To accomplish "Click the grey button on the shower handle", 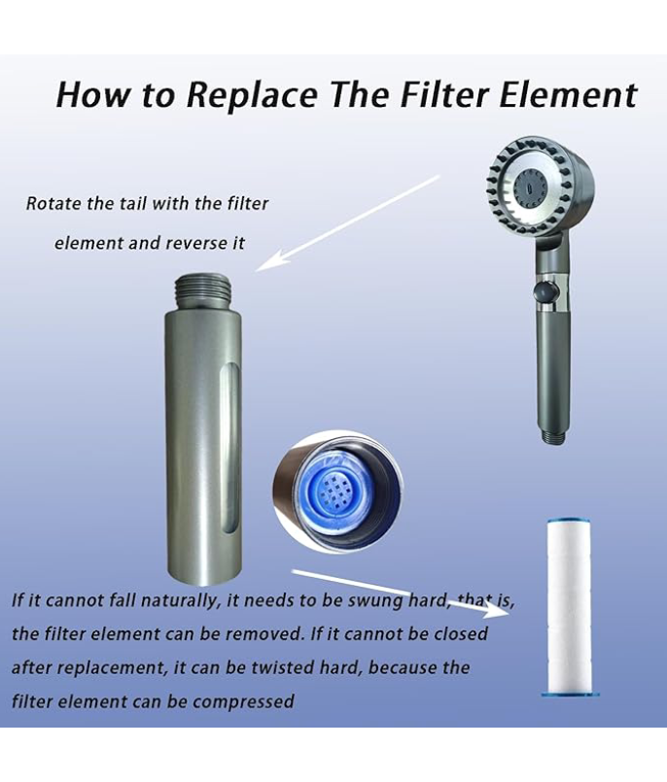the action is coord(544,290).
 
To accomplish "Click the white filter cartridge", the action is coord(570,607).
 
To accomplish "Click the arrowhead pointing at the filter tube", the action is coord(270,261).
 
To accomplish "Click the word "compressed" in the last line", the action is coord(242,702).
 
